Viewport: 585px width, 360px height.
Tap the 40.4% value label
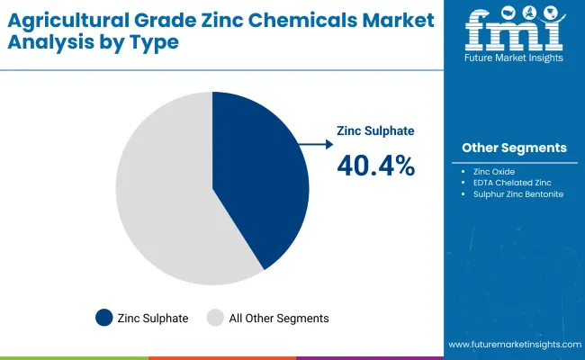click(x=375, y=165)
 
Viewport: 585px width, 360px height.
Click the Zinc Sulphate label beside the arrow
click(x=375, y=130)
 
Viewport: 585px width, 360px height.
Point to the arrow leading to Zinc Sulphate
click(x=316, y=143)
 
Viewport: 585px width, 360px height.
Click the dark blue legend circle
click(x=104, y=318)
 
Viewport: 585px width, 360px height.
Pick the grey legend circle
click(x=215, y=318)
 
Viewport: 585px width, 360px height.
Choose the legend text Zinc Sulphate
click(x=154, y=318)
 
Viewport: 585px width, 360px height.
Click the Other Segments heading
click(x=514, y=148)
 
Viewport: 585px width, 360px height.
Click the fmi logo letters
click(x=515, y=31)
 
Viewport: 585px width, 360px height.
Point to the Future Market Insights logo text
click(x=515, y=57)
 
